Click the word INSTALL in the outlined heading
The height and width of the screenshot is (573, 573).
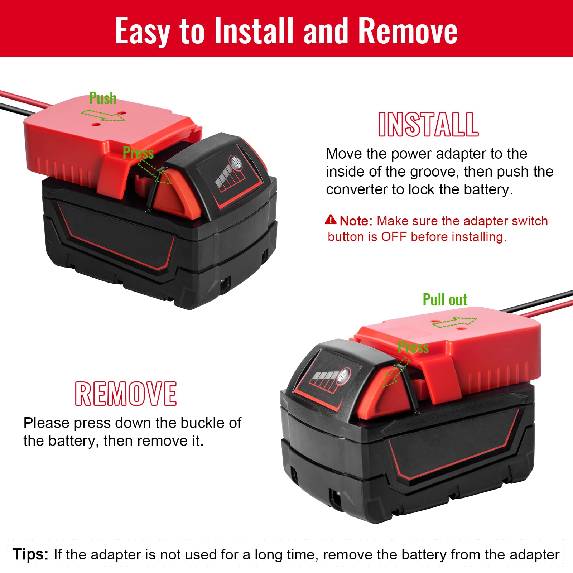428,124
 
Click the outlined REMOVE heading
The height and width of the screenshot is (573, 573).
126,394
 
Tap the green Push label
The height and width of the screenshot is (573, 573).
103,98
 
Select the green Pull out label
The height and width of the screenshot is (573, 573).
445,300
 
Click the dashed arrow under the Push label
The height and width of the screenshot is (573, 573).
103,115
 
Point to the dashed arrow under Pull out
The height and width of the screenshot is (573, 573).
454,322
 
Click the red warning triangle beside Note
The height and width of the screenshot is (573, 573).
331,220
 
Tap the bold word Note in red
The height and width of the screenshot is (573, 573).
354,221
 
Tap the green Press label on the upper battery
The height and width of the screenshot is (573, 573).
138,153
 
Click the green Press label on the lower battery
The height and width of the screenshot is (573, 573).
413,347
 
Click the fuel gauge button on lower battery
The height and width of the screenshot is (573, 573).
344,376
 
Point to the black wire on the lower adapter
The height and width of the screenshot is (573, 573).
536,301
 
